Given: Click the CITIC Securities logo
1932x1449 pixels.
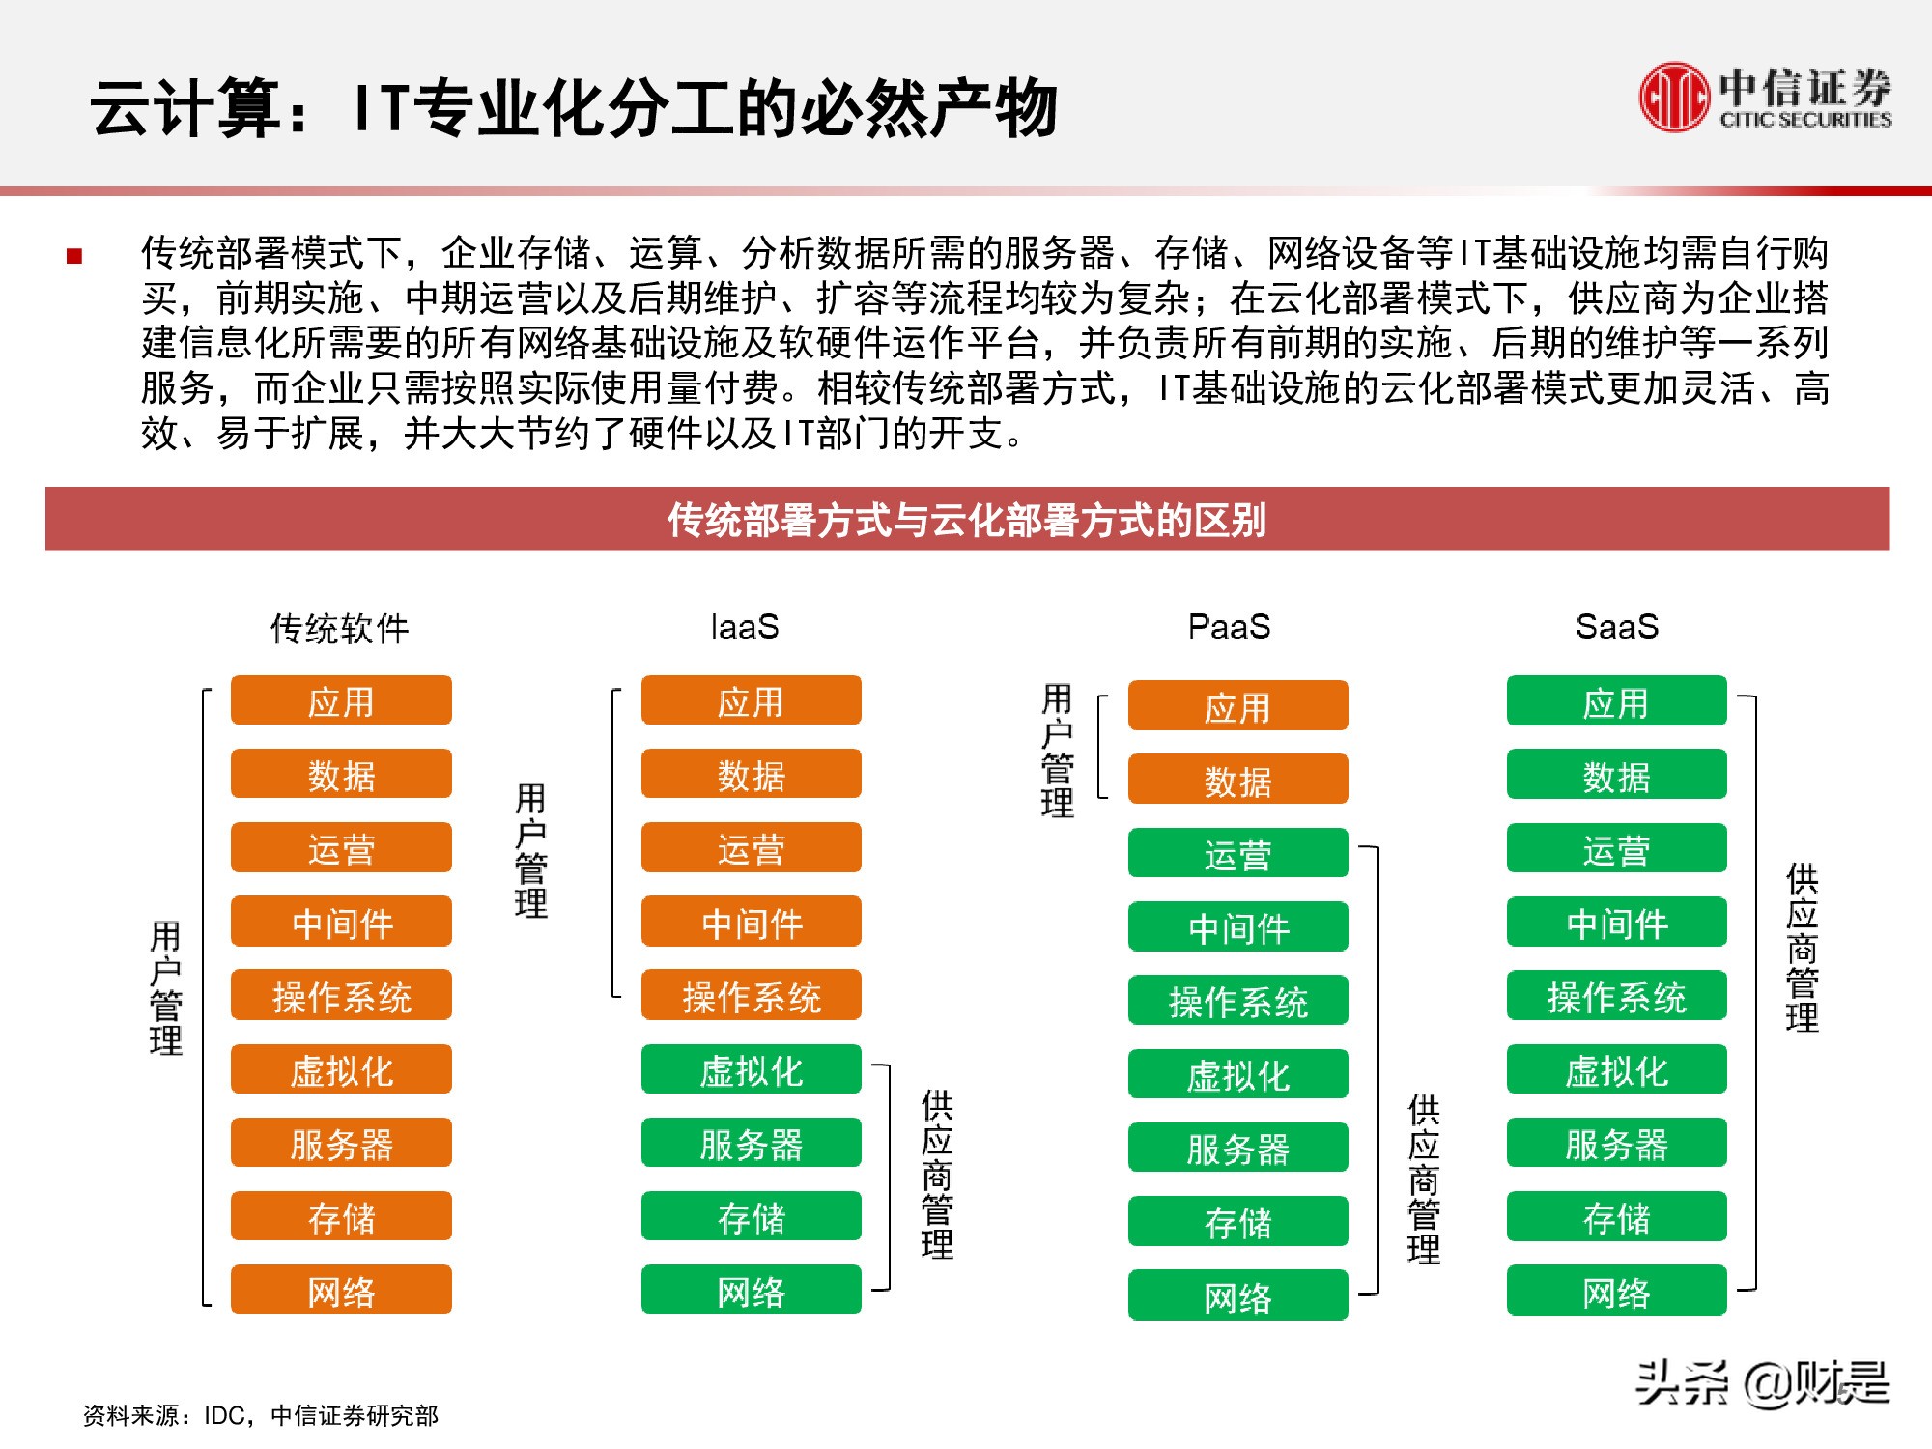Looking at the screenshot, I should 1765,98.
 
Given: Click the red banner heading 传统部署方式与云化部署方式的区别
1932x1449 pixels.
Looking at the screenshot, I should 967,520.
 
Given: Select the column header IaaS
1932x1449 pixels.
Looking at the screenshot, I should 744,627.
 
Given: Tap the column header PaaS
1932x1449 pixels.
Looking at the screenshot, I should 1229,627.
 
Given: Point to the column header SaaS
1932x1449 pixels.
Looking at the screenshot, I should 1616,627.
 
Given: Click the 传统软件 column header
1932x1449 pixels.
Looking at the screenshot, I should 340,629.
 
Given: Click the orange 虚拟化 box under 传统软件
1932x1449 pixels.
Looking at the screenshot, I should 341,1069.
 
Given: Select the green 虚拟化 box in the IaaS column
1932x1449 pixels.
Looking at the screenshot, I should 751,1069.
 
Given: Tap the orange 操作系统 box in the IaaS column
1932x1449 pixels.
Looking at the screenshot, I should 751,996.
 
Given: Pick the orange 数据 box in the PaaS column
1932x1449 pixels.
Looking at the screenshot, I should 1237,780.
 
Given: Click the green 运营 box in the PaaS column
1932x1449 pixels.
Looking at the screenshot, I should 1237,854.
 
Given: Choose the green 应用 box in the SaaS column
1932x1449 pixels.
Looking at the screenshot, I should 1616,701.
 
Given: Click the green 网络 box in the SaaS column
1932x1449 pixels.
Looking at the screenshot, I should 1616,1291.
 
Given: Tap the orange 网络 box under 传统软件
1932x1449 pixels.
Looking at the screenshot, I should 341,1290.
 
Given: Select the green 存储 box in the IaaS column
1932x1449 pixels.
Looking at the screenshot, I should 751,1216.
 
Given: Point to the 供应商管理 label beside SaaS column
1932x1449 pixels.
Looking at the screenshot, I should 1802,948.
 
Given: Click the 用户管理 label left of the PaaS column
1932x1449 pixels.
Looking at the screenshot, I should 1057,751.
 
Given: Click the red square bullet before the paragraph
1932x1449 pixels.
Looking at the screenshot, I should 74,256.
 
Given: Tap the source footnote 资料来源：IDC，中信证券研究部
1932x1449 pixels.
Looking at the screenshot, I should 260,1415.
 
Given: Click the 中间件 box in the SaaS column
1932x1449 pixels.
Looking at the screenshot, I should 1616,923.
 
